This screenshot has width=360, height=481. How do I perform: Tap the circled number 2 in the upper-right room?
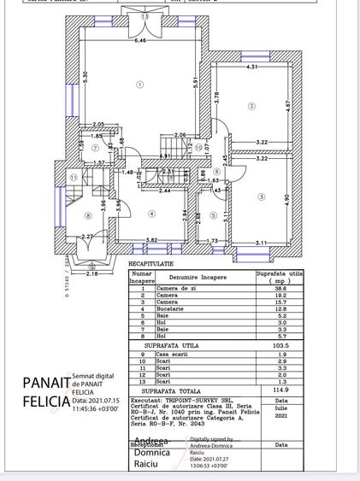[251, 106]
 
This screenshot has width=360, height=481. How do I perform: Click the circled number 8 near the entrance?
[88, 215]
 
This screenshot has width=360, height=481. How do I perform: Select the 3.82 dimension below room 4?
[151, 240]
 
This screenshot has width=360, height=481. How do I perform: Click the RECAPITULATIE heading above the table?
[150, 265]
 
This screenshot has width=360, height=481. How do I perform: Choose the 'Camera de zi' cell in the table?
[176, 290]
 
